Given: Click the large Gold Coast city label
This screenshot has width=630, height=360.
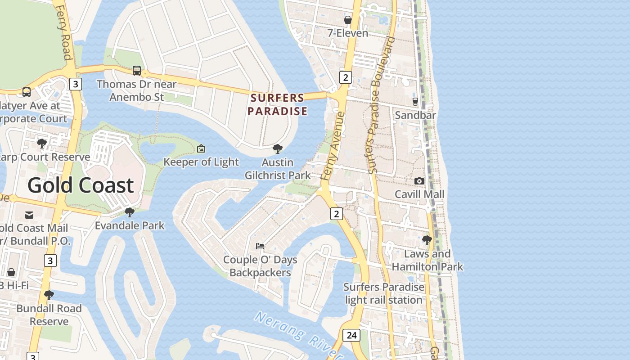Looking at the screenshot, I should click(81, 185).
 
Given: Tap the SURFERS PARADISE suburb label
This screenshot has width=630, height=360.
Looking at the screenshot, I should click(278, 104).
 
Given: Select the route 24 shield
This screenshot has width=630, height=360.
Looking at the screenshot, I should click(351, 335).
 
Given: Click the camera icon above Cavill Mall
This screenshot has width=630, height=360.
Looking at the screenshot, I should click(419, 181).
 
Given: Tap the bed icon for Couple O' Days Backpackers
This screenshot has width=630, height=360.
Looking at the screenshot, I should click(260, 246).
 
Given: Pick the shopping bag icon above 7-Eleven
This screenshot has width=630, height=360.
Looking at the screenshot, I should click(348, 20).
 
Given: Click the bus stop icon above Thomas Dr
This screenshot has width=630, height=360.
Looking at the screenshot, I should click(137, 71).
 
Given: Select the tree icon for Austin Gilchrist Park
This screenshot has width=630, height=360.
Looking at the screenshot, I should click(278, 148).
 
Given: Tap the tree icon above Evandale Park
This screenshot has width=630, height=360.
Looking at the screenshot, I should click(130, 212).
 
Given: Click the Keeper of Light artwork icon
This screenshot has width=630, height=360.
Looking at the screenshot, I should click(201, 148).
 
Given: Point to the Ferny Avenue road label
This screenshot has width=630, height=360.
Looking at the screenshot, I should click(333, 146).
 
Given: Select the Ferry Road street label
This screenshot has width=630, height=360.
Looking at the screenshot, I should click(64, 31).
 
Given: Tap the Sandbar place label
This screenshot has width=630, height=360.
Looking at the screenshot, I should click(415, 115).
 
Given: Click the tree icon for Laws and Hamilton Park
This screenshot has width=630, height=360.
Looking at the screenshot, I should click(427, 240).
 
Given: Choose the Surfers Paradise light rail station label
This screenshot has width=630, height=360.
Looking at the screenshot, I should click(384, 293).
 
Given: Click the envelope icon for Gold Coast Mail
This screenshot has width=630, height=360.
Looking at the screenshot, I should click(29, 215).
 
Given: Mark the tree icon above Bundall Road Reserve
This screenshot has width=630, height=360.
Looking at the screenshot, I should click(49, 295).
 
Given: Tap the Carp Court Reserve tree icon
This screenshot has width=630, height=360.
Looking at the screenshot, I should click(42, 144).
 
